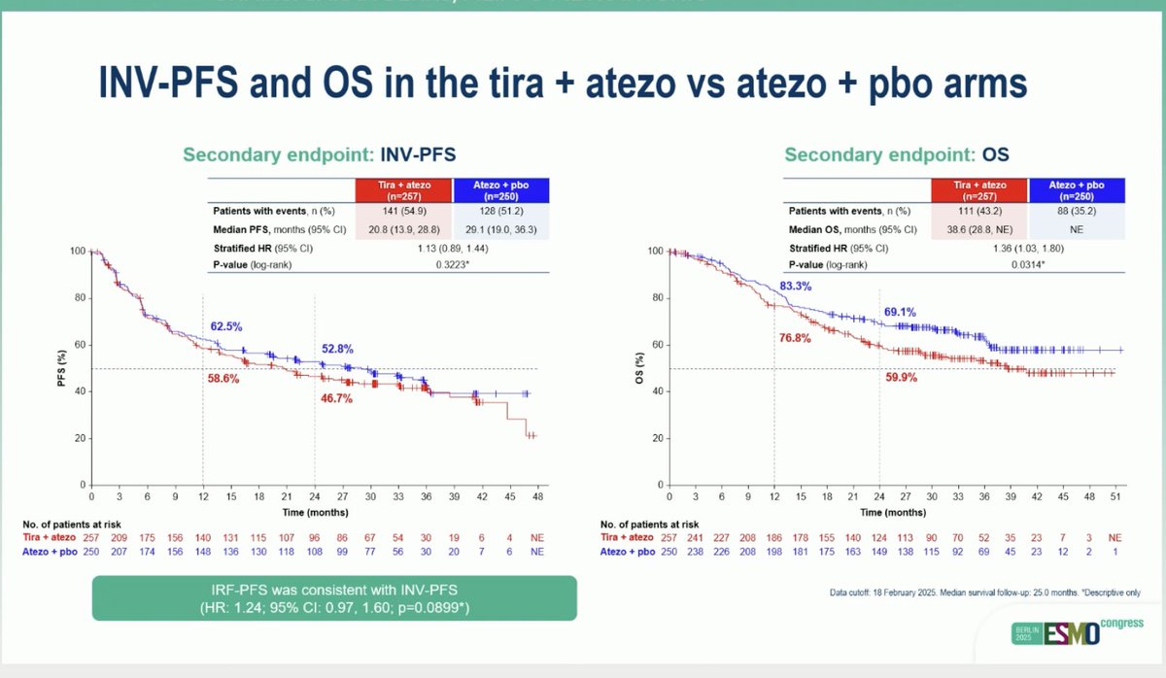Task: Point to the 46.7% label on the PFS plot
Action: pos(334,399)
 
